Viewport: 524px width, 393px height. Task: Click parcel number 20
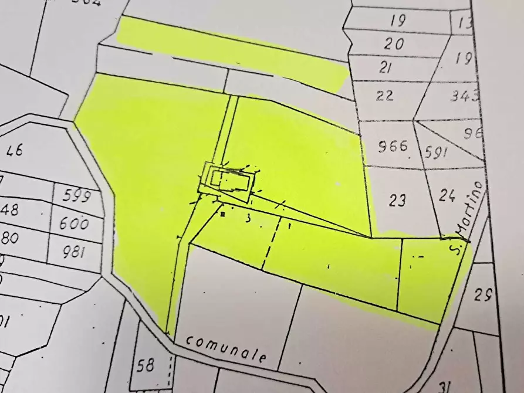[x=395, y=44]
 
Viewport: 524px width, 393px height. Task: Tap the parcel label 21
[x=385, y=67]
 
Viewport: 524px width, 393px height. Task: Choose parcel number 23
[x=398, y=201]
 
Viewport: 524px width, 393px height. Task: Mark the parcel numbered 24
[x=447, y=196]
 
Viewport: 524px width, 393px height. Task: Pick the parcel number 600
[x=74, y=223]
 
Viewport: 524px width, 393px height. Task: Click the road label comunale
[x=228, y=349]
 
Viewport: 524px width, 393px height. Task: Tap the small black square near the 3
[x=223, y=215]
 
